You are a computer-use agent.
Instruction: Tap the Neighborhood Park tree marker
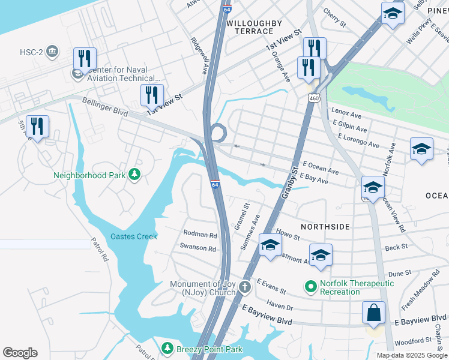pyautogui.click(x=136, y=175)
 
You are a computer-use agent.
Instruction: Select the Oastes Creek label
pyautogui.click(x=133, y=236)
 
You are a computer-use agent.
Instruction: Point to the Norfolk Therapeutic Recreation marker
pyautogui.click(x=310, y=287)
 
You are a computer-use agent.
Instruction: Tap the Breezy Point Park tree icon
pyautogui.click(x=168, y=349)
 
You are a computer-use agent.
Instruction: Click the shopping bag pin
pyautogui.click(x=374, y=313)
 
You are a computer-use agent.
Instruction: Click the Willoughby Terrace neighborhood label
pyautogui.click(x=253, y=27)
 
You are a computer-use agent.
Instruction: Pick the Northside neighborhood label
pyautogui.click(x=325, y=226)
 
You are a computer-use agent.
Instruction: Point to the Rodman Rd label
pyautogui.click(x=200, y=235)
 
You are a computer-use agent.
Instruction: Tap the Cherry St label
pyautogui.click(x=334, y=19)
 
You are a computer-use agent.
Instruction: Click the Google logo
pyautogui.click(x=20, y=353)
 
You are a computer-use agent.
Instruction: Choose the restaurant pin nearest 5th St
pyautogui.click(x=38, y=127)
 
